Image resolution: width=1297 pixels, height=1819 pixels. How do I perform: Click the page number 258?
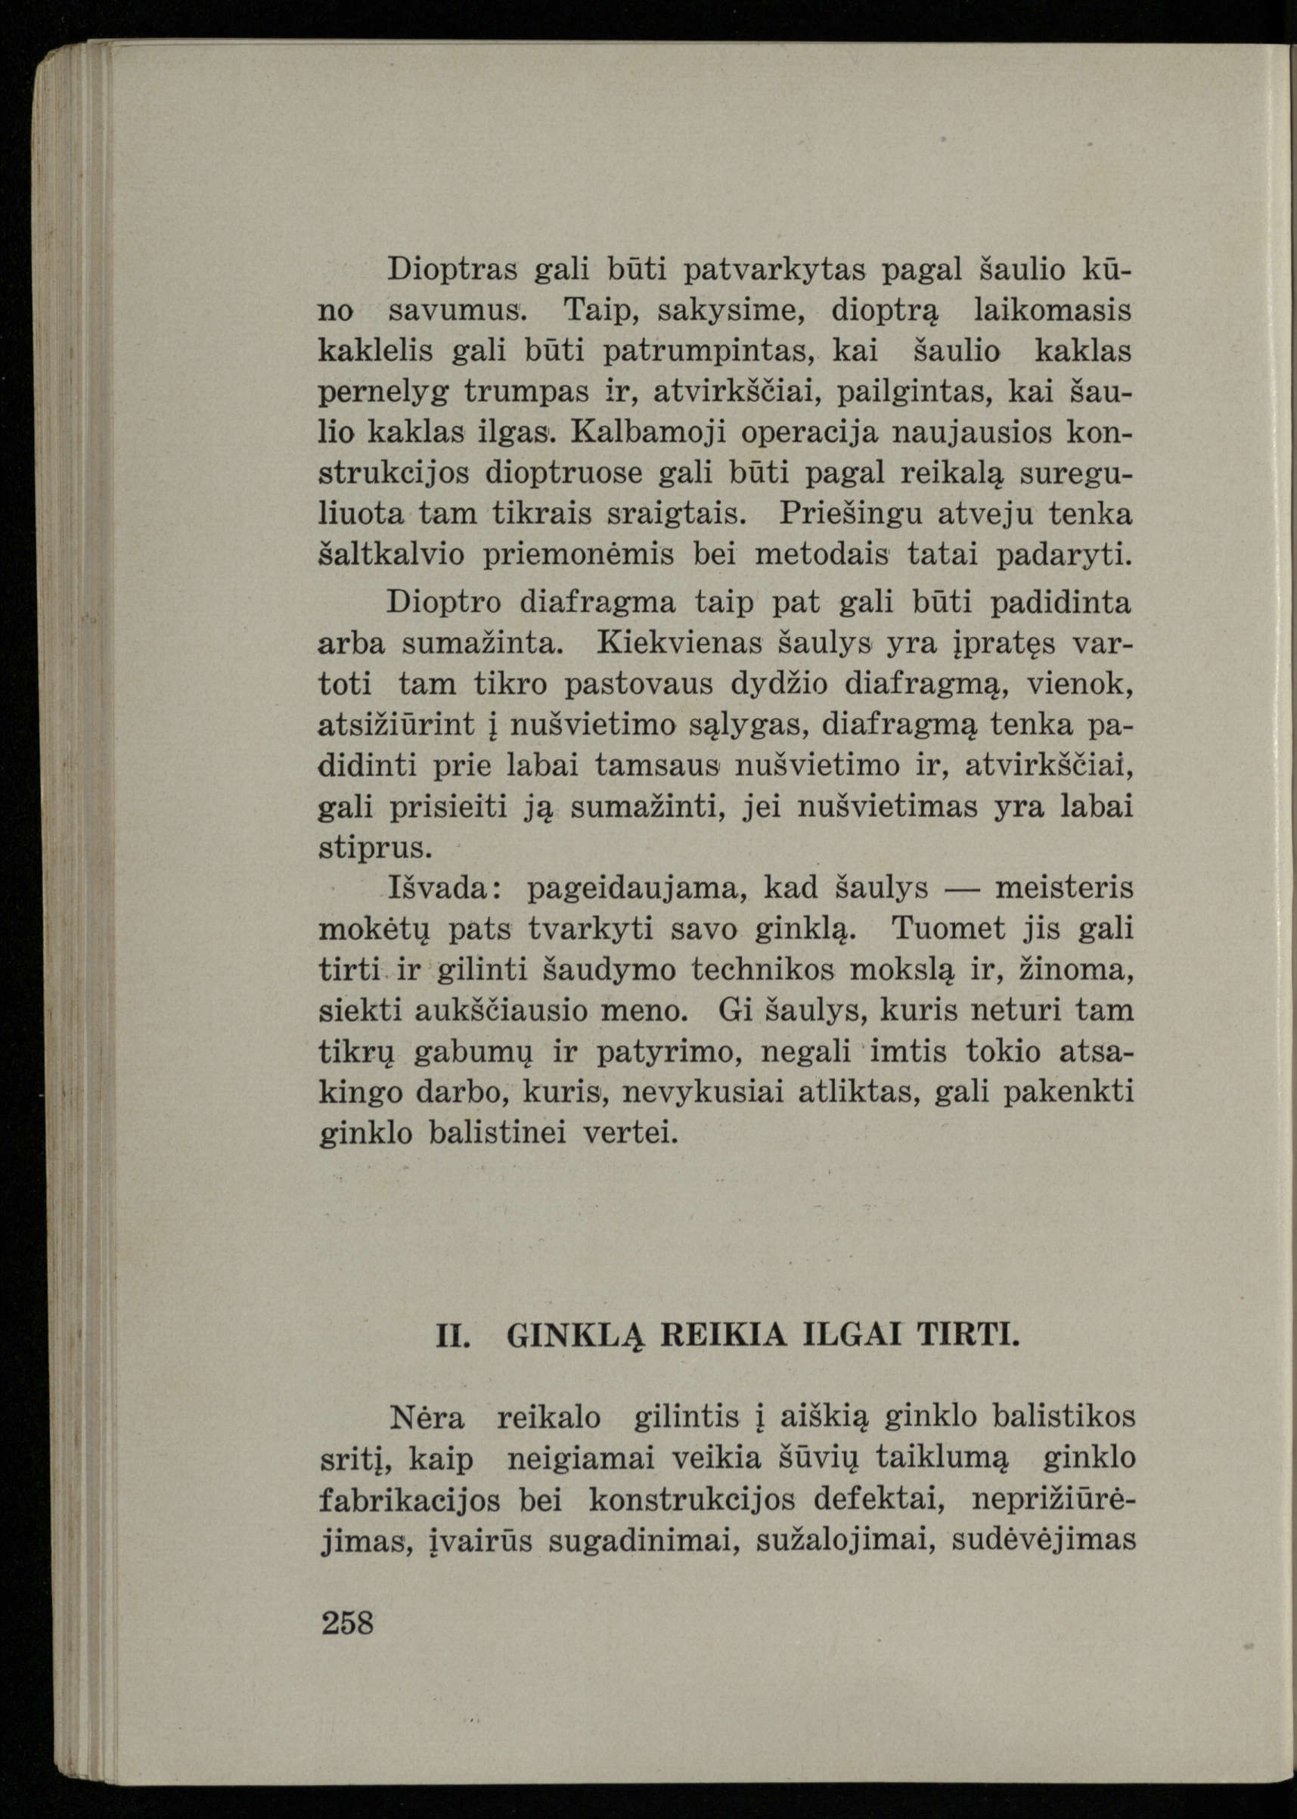[x=347, y=1623]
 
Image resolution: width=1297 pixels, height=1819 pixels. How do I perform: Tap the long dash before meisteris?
[x=960, y=888]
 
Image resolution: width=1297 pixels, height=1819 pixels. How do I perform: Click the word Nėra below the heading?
[x=427, y=1418]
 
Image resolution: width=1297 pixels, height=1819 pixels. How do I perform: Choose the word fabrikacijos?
[x=410, y=1501]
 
